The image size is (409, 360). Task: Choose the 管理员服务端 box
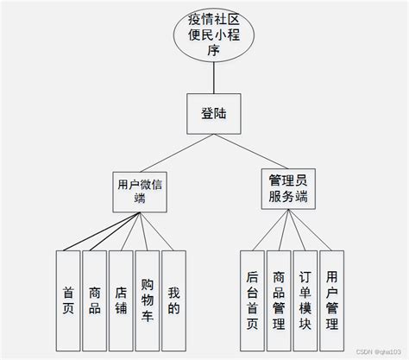click(286, 188)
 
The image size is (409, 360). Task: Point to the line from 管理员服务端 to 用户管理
click(312, 231)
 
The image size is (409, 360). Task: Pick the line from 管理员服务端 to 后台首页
click(268, 231)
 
